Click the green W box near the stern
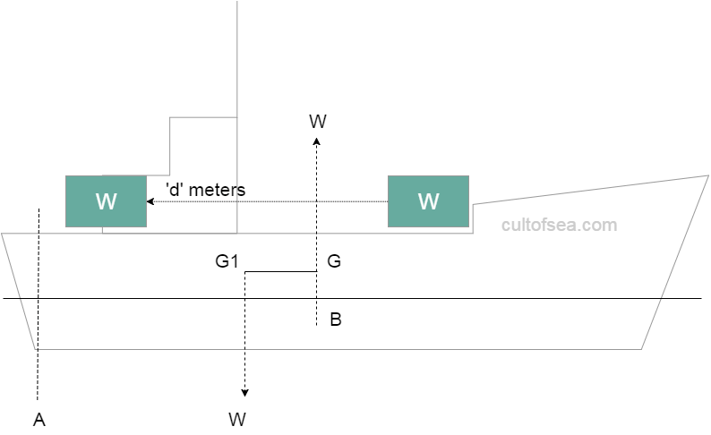106,201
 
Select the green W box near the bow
428,201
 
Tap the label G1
227,262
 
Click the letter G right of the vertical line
334,262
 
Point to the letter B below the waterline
335,320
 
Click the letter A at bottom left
39,419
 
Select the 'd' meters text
205,190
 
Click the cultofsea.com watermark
559,225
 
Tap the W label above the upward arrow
317,121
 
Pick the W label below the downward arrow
237,419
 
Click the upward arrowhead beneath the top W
316,141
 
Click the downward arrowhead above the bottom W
245,394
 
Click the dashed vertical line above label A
39,304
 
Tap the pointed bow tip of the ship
707,176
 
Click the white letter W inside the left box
106,202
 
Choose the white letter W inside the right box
428,202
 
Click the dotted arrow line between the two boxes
269,202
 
